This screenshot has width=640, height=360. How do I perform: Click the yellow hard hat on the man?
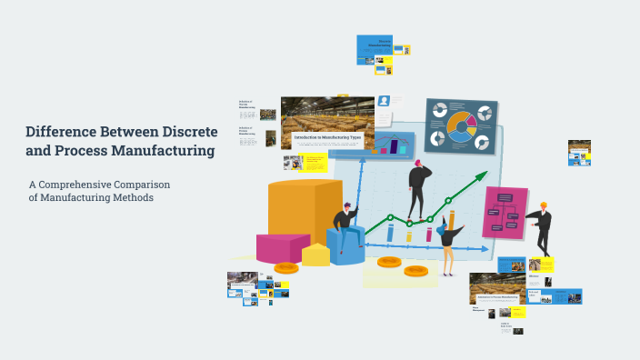(544, 205)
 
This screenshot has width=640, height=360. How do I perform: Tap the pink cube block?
(282, 247)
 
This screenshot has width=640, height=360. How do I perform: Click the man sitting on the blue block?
(345, 227)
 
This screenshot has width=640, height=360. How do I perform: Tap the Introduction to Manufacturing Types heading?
(328, 137)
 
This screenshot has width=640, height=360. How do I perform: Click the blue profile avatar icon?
(384, 101)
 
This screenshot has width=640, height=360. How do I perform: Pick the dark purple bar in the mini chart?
(395, 146)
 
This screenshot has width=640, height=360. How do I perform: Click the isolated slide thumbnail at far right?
(579, 152)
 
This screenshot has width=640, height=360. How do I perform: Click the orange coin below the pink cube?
(286, 267)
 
